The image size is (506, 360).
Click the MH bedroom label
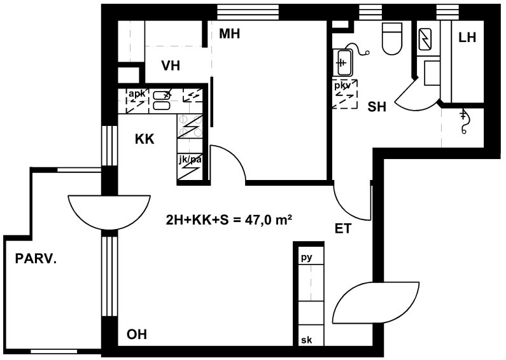click(229, 34)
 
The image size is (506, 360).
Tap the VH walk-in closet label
click(171, 66)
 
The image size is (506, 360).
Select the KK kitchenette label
click(144, 139)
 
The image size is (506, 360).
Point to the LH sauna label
click(467, 38)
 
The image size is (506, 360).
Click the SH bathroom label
click(377, 106)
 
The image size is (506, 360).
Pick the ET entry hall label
click(342, 229)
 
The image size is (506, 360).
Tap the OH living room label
click(137, 335)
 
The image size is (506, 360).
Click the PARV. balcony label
click(36, 259)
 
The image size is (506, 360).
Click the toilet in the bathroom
click(392, 38)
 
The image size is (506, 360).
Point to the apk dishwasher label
click(137, 94)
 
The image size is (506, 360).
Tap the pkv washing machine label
click(342, 86)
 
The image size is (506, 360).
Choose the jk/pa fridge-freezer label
click(190, 160)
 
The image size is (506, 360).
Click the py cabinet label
click(307, 258)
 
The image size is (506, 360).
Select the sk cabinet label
click(307, 340)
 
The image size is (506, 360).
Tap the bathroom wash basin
click(342, 62)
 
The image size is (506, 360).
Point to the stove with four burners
click(190, 127)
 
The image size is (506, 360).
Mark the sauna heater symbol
click(425, 39)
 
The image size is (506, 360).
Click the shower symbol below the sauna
click(464, 121)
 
